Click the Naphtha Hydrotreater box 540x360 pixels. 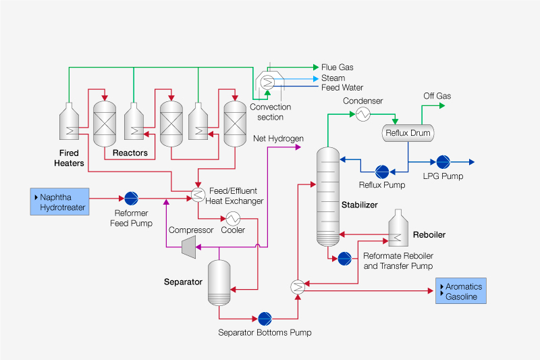(x=59, y=202)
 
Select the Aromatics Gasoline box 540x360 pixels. (x=460, y=292)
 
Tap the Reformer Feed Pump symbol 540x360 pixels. (x=131, y=199)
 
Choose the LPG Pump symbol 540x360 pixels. (x=443, y=162)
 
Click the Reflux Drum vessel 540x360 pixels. (x=408, y=133)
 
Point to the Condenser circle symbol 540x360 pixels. (x=362, y=114)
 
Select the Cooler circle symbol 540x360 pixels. (x=233, y=218)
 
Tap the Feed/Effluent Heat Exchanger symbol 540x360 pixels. (x=198, y=196)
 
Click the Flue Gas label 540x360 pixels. (x=337, y=68)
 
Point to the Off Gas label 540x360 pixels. (x=437, y=97)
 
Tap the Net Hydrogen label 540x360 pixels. (x=278, y=138)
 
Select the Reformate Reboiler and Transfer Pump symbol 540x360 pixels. (x=344, y=257)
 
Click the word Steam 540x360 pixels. (x=333, y=78)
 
